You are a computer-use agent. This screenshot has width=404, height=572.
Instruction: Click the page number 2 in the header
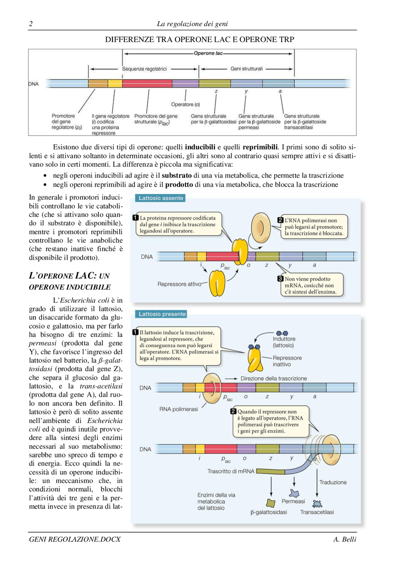click(31, 24)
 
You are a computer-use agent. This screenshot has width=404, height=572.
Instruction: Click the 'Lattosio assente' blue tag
click(161, 198)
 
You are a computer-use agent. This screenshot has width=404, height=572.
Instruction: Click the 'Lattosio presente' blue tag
click(162, 314)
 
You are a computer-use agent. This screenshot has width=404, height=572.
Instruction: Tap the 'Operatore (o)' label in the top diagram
click(185, 105)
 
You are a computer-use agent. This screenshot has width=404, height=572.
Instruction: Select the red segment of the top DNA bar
click(147, 83)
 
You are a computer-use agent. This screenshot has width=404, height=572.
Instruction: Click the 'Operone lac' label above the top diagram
click(208, 53)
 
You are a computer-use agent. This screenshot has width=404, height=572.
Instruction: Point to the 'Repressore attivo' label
click(179, 284)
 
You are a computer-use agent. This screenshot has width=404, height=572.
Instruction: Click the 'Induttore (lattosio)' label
click(284, 342)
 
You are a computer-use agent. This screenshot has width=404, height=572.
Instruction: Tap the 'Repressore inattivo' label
click(287, 361)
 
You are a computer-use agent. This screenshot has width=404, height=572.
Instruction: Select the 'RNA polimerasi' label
click(178, 409)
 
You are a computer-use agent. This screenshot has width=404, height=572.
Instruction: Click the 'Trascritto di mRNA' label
click(230, 471)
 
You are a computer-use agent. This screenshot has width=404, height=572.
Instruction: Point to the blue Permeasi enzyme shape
click(294, 493)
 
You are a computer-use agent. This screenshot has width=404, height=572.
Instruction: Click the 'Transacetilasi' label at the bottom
click(317, 512)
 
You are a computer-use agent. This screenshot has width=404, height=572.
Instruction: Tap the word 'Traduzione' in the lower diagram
click(333, 482)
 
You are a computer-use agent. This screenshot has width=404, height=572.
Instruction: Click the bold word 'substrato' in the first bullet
click(176, 176)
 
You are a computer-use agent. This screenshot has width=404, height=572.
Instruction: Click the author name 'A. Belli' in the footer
click(344, 539)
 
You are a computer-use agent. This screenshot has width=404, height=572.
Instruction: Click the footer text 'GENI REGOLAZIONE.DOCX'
click(75, 539)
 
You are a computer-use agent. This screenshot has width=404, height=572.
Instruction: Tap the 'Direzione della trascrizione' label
click(273, 378)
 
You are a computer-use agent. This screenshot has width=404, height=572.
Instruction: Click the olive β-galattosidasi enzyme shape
click(270, 503)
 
